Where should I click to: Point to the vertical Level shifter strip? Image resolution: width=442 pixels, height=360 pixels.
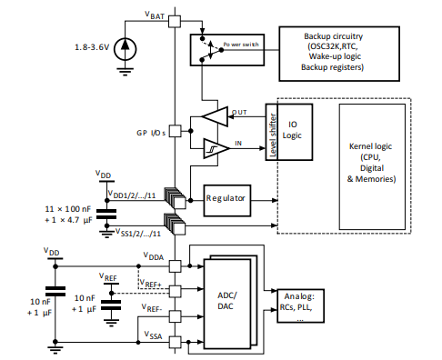point(271,133)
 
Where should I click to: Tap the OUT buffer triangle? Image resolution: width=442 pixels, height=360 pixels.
point(216,115)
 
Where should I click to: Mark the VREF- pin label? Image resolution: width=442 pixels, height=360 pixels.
point(153,308)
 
